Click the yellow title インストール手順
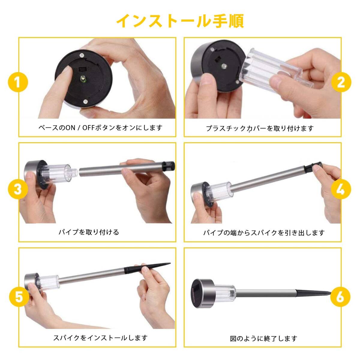[x=180, y=21]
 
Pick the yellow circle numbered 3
[x=18, y=189]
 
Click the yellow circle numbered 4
[x=341, y=189]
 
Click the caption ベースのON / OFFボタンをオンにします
[x=100, y=128]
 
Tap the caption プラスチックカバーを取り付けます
[x=260, y=128]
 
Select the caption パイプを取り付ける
[x=89, y=232]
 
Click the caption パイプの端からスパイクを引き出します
[x=264, y=233]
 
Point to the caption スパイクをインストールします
[x=100, y=338]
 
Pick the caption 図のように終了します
[x=263, y=338]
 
